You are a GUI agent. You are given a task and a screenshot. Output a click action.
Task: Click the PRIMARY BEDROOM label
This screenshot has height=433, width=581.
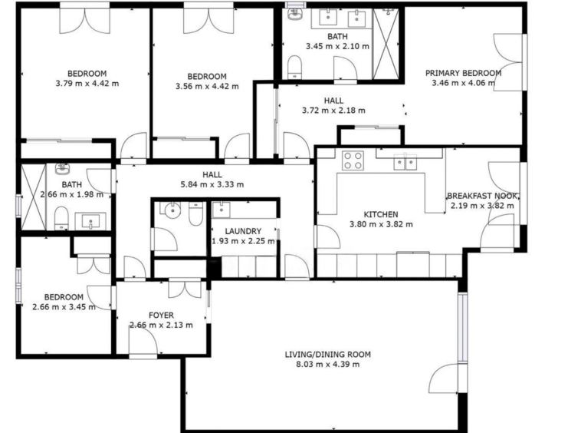[463, 73]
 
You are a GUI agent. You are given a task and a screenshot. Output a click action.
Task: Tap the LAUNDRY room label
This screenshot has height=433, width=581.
[243, 231]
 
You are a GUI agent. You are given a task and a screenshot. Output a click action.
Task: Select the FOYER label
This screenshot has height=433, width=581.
[161, 316]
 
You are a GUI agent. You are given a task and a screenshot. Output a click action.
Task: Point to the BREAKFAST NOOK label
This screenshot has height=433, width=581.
[481, 196]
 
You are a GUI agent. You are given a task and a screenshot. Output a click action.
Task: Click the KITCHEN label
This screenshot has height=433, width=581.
[381, 214]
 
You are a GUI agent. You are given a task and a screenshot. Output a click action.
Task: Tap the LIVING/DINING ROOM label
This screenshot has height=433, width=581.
[327, 355]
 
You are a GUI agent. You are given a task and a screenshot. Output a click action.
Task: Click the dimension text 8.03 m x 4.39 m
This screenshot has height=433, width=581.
[327, 365]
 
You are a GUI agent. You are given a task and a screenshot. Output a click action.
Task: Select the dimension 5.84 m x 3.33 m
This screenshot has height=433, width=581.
[212, 184]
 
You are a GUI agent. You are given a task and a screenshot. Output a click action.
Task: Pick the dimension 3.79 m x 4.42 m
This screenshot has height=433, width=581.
[87, 84]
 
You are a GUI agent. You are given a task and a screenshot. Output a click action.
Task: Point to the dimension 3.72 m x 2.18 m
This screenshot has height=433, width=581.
[333, 111]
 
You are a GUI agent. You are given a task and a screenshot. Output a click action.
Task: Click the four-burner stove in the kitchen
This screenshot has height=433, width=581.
[353, 160]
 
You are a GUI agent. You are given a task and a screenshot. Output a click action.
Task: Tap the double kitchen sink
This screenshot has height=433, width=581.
[405, 162]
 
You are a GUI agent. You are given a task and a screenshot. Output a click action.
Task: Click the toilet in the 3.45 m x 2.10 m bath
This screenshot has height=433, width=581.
[295, 67]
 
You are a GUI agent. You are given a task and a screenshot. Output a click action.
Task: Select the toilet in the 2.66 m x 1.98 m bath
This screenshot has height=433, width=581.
[61, 218]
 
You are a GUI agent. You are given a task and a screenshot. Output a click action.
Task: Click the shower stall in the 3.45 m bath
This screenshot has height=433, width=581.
[386, 44]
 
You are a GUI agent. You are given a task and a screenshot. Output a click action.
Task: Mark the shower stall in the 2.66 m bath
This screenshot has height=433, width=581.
[34, 197]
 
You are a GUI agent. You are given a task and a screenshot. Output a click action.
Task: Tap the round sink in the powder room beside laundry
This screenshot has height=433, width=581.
[172, 210]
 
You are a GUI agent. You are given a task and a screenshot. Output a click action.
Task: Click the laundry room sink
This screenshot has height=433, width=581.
[222, 210]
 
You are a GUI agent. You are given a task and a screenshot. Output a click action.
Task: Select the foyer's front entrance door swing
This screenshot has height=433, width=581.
[143, 342]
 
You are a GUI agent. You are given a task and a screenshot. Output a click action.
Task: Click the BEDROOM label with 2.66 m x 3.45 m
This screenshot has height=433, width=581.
[64, 297]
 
